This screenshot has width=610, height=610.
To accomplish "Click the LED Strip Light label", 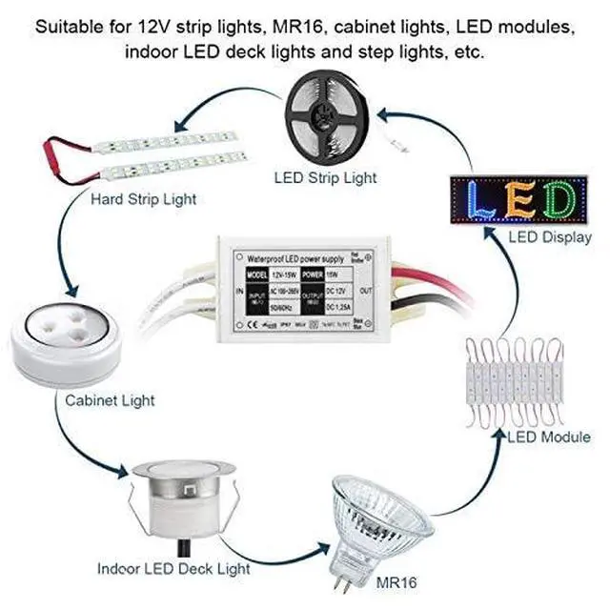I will pos(324,177).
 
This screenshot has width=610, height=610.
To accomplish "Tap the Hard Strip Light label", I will pos(143,199).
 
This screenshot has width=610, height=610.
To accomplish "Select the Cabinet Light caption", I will pos(110,400).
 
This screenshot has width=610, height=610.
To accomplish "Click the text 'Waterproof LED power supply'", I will pos(295,257).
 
